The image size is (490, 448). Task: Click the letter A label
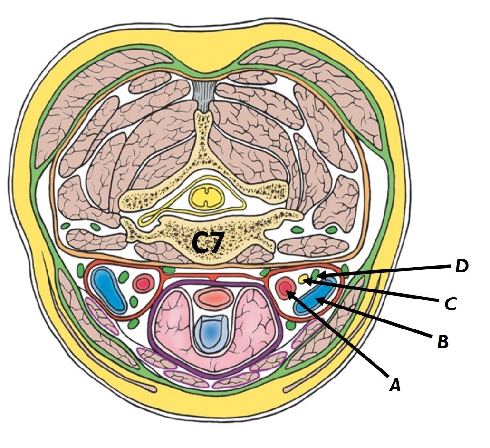point(394,384)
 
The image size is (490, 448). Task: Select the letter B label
point(442,341)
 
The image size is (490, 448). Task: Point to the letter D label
point(461,267)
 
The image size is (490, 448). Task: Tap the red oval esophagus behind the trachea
point(214,298)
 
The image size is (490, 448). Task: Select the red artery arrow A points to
point(285,288)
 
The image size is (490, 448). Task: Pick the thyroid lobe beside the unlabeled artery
point(171,324)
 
